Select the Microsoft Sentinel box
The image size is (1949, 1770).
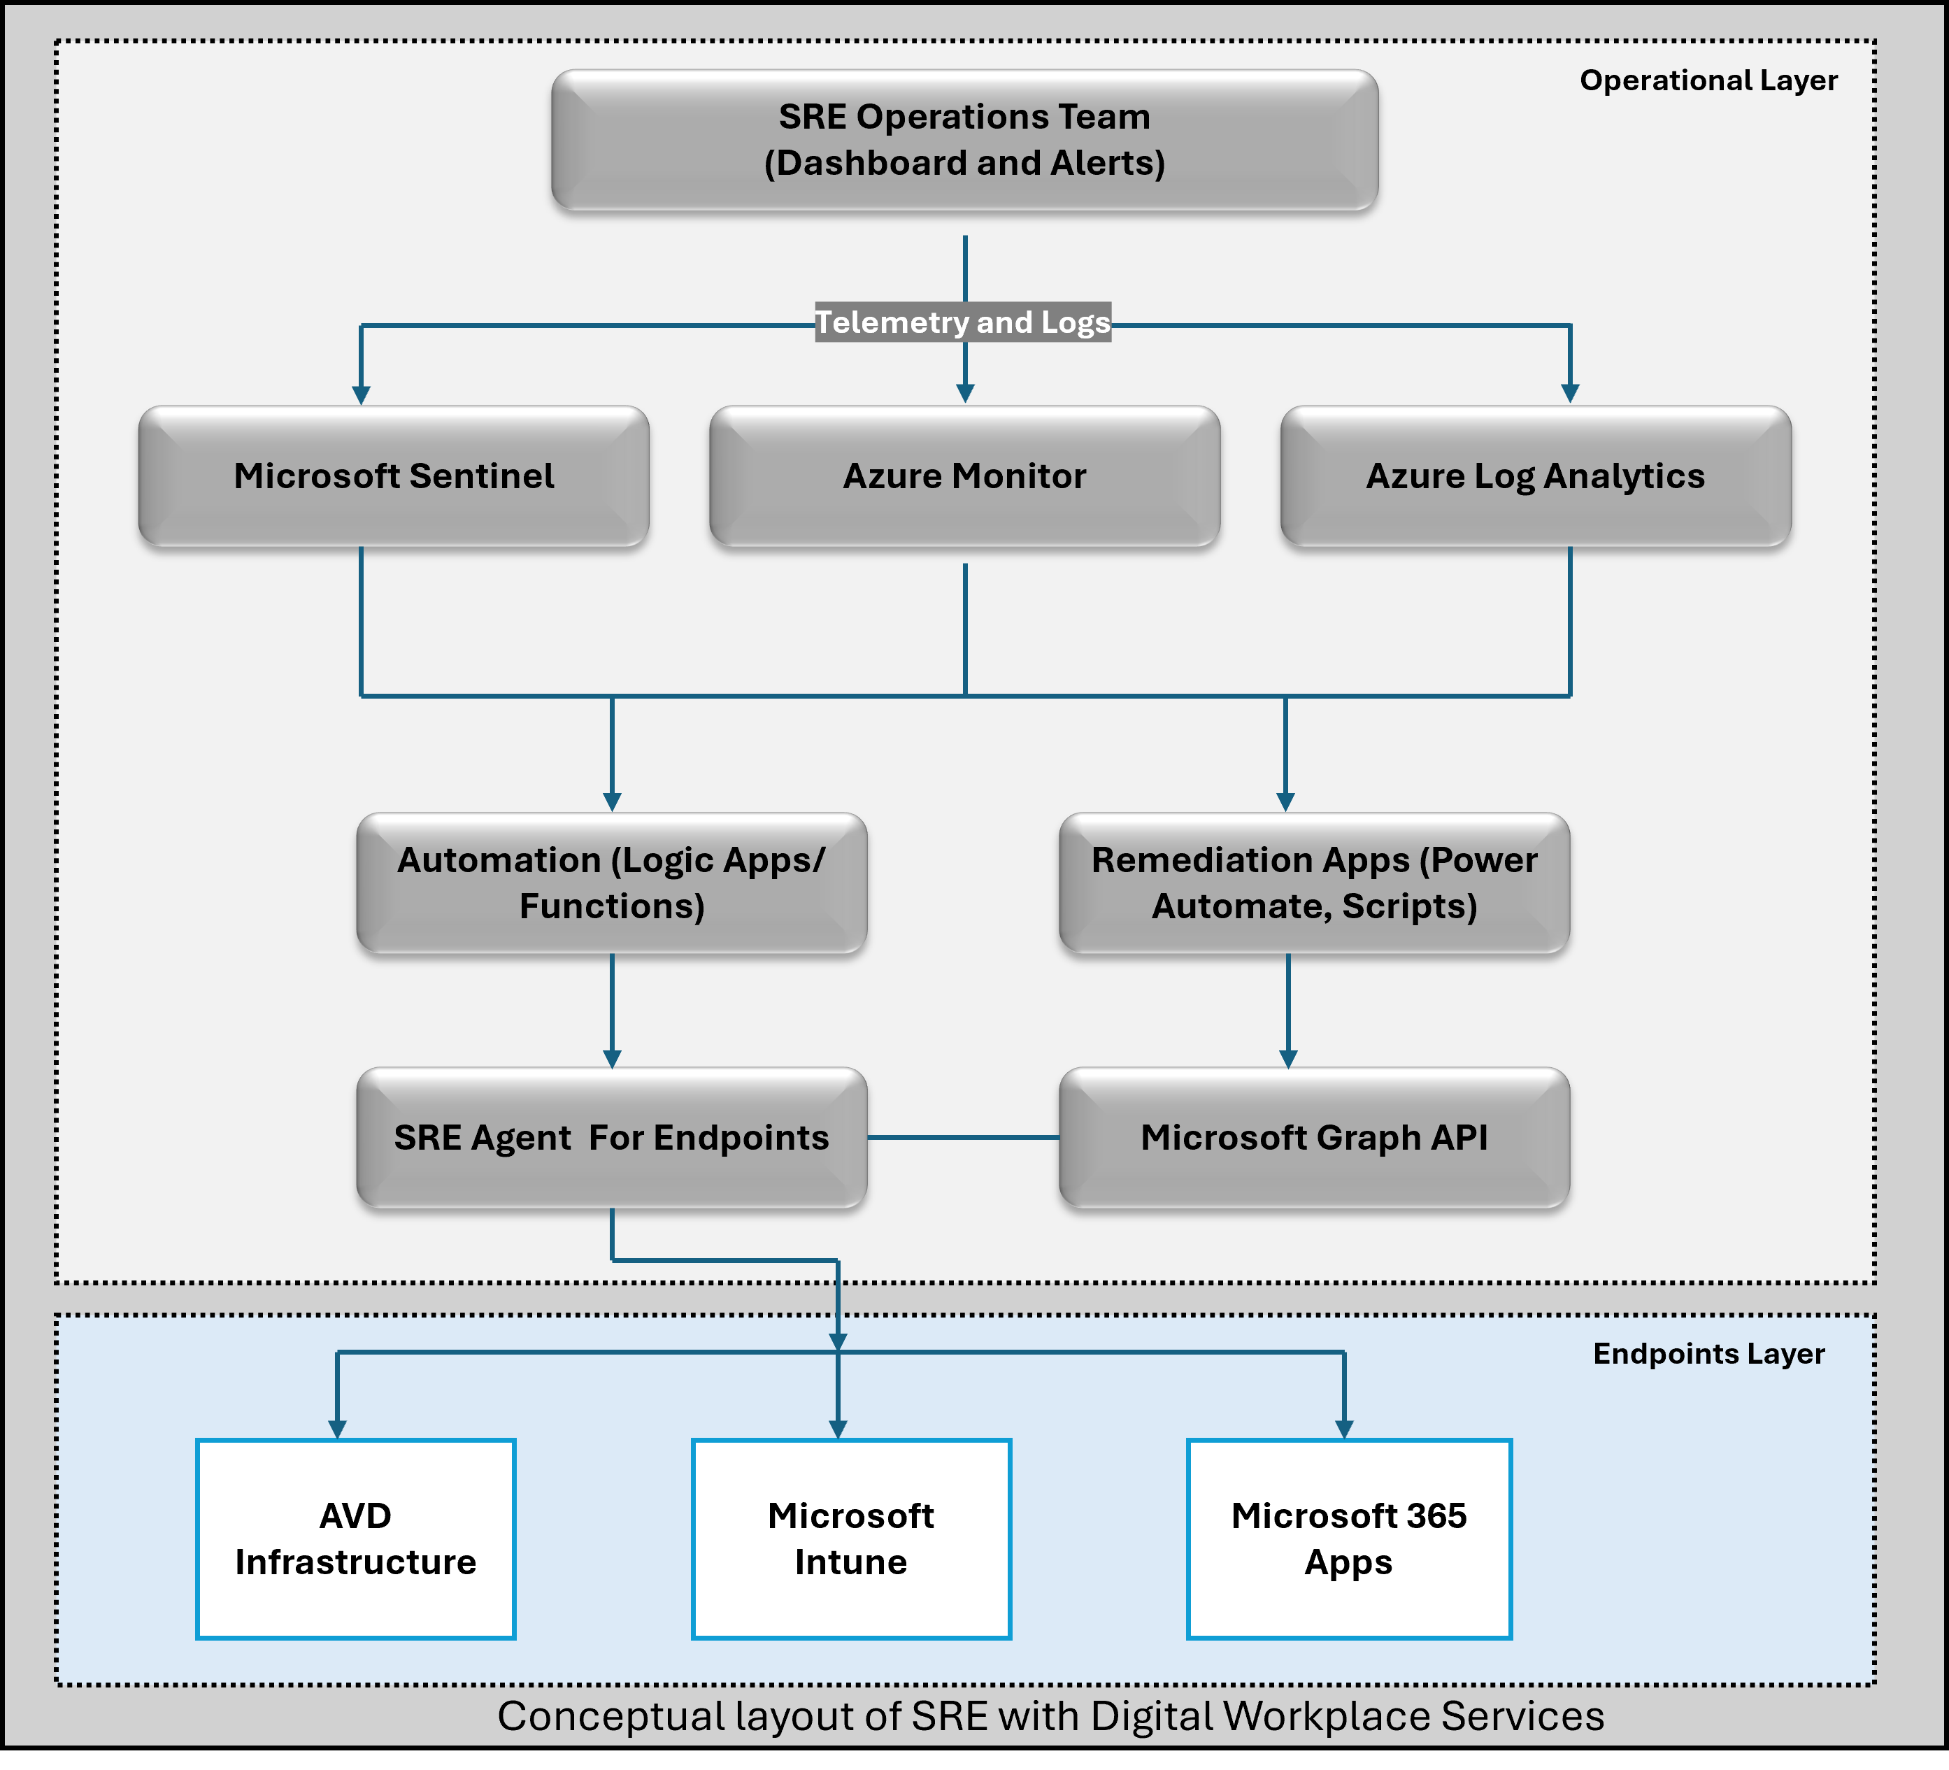tap(394, 476)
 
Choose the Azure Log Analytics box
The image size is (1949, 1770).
tap(1535, 476)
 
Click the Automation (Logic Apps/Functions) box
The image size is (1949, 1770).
tap(611, 883)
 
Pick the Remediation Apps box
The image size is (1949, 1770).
tap(1314, 883)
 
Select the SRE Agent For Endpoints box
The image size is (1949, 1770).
tap(611, 1138)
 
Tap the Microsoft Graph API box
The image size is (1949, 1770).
tap(1314, 1138)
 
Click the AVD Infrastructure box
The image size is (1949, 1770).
tap(356, 1539)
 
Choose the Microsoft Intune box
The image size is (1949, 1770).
tap(851, 1539)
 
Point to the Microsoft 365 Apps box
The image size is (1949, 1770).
tap(1349, 1539)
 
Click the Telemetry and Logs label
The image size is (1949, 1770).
tap(963, 322)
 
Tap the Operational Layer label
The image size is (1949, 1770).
tap(1708, 80)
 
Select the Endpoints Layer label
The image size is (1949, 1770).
tap(1708, 1353)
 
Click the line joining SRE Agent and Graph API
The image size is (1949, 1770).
tap(963, 1138)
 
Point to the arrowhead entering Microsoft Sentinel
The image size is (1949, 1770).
tap(361, 395)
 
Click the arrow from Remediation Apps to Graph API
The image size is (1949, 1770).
tap(1287, 1011)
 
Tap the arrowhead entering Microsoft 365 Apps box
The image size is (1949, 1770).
tap(1344, 1429)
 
